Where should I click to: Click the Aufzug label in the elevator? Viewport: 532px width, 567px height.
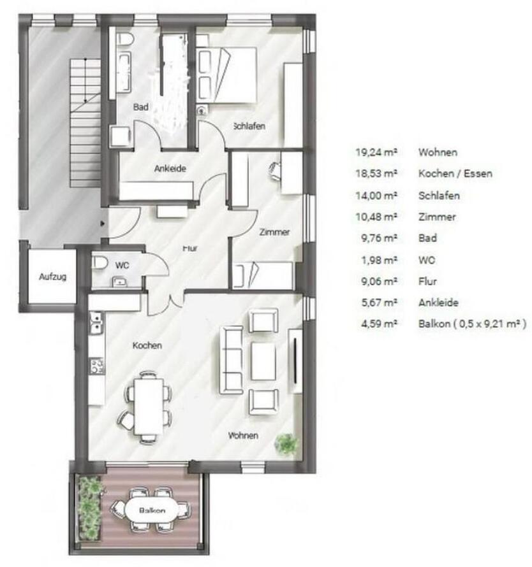pos(52,277)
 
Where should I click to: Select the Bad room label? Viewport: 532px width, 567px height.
pos(140,108)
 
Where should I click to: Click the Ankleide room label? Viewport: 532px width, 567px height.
pos(170,169)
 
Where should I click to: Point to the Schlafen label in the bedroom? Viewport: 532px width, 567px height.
pos(249,126)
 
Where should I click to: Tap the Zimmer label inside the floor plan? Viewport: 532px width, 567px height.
pos(275,233)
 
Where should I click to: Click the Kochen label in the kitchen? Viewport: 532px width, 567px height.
pos(147,345)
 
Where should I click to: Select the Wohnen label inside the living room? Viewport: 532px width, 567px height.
pos(244,436)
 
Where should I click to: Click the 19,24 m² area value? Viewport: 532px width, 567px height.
pos(377,152)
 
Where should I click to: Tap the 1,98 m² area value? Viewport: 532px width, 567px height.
pos(380,260)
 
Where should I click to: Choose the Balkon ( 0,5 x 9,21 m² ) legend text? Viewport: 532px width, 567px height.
pos(472,324)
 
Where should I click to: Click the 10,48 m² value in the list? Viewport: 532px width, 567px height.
pos(377,217)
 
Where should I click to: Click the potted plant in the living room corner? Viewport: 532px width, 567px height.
pos(286,443)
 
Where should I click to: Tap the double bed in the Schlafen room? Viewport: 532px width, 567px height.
pos(227,75)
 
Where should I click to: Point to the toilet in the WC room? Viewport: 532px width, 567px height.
pos(100,262)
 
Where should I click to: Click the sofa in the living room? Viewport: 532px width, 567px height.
pos(231,359)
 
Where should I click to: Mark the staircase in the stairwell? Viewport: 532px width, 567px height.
pos(84,121)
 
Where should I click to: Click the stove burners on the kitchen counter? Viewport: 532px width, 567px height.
pos(97,366)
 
